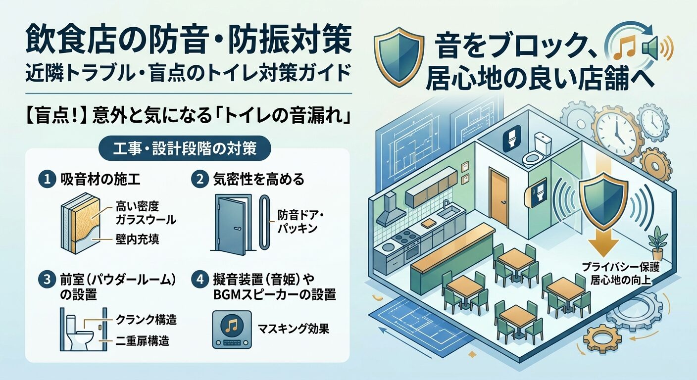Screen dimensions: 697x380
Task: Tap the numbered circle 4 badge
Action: (x=200, y=280)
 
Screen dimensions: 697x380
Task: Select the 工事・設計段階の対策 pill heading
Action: (x=185, y=148)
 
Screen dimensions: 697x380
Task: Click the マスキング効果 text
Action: (x=294, y=329)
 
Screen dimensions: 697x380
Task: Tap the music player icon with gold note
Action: (x=232, y=329)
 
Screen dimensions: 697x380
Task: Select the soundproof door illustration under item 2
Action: (x=232, y=222)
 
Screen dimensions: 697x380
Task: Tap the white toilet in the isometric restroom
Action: (x=538, y=149)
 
